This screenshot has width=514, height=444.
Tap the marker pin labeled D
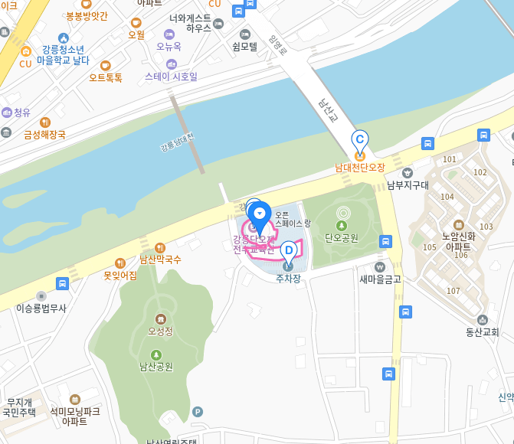click(288, 251)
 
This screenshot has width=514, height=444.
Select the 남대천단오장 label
click(359, 167)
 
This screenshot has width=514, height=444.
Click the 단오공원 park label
click(341, 237)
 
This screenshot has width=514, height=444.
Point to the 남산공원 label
click(156, 366)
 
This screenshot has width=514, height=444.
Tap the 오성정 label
click(160, 331)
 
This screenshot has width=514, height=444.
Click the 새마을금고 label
click(380, 279)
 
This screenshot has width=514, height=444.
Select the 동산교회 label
click(482, 331)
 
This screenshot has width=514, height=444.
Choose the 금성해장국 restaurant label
click(44, 135)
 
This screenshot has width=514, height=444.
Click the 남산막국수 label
click(160, 260)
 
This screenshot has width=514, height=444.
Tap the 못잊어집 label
click(120, 275)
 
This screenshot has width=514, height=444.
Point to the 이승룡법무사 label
click(41, 308)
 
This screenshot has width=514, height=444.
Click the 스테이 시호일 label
click(171, 77)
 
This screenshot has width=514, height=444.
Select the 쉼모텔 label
click(245, 46)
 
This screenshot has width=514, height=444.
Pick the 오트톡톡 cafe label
click(106, 77)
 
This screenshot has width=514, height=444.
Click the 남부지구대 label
click(407, 184)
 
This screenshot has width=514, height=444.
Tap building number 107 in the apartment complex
click(453, 291)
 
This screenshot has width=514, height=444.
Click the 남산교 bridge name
click(328, 111)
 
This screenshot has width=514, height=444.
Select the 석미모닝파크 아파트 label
click(74, 416)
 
